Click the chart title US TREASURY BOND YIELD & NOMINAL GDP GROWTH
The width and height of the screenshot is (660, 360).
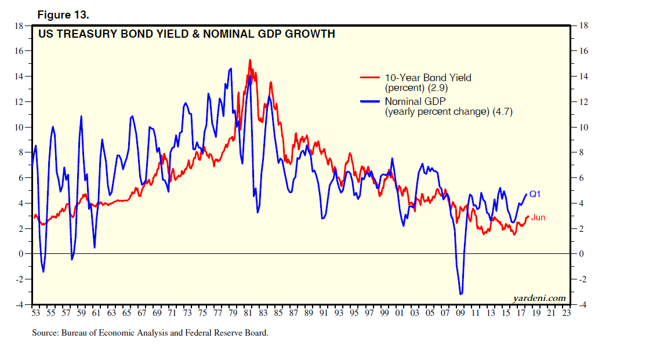(186, 34)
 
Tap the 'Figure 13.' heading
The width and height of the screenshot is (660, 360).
(63, 13)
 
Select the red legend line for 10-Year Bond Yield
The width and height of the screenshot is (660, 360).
(371, 77)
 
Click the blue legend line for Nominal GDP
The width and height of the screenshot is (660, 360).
(371, 101)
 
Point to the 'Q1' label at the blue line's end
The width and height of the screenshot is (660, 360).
(535, 194)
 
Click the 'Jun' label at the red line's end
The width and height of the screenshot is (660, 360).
(538, 217)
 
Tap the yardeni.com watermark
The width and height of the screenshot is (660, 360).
(539, 298)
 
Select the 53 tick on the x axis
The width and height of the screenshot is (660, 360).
(35, 313)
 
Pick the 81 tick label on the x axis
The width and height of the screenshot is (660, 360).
(248, 313)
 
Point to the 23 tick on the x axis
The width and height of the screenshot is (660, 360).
(566, 313)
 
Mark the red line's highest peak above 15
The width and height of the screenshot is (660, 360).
(250, 60)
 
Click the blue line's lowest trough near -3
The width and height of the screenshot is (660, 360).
(460, 294)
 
